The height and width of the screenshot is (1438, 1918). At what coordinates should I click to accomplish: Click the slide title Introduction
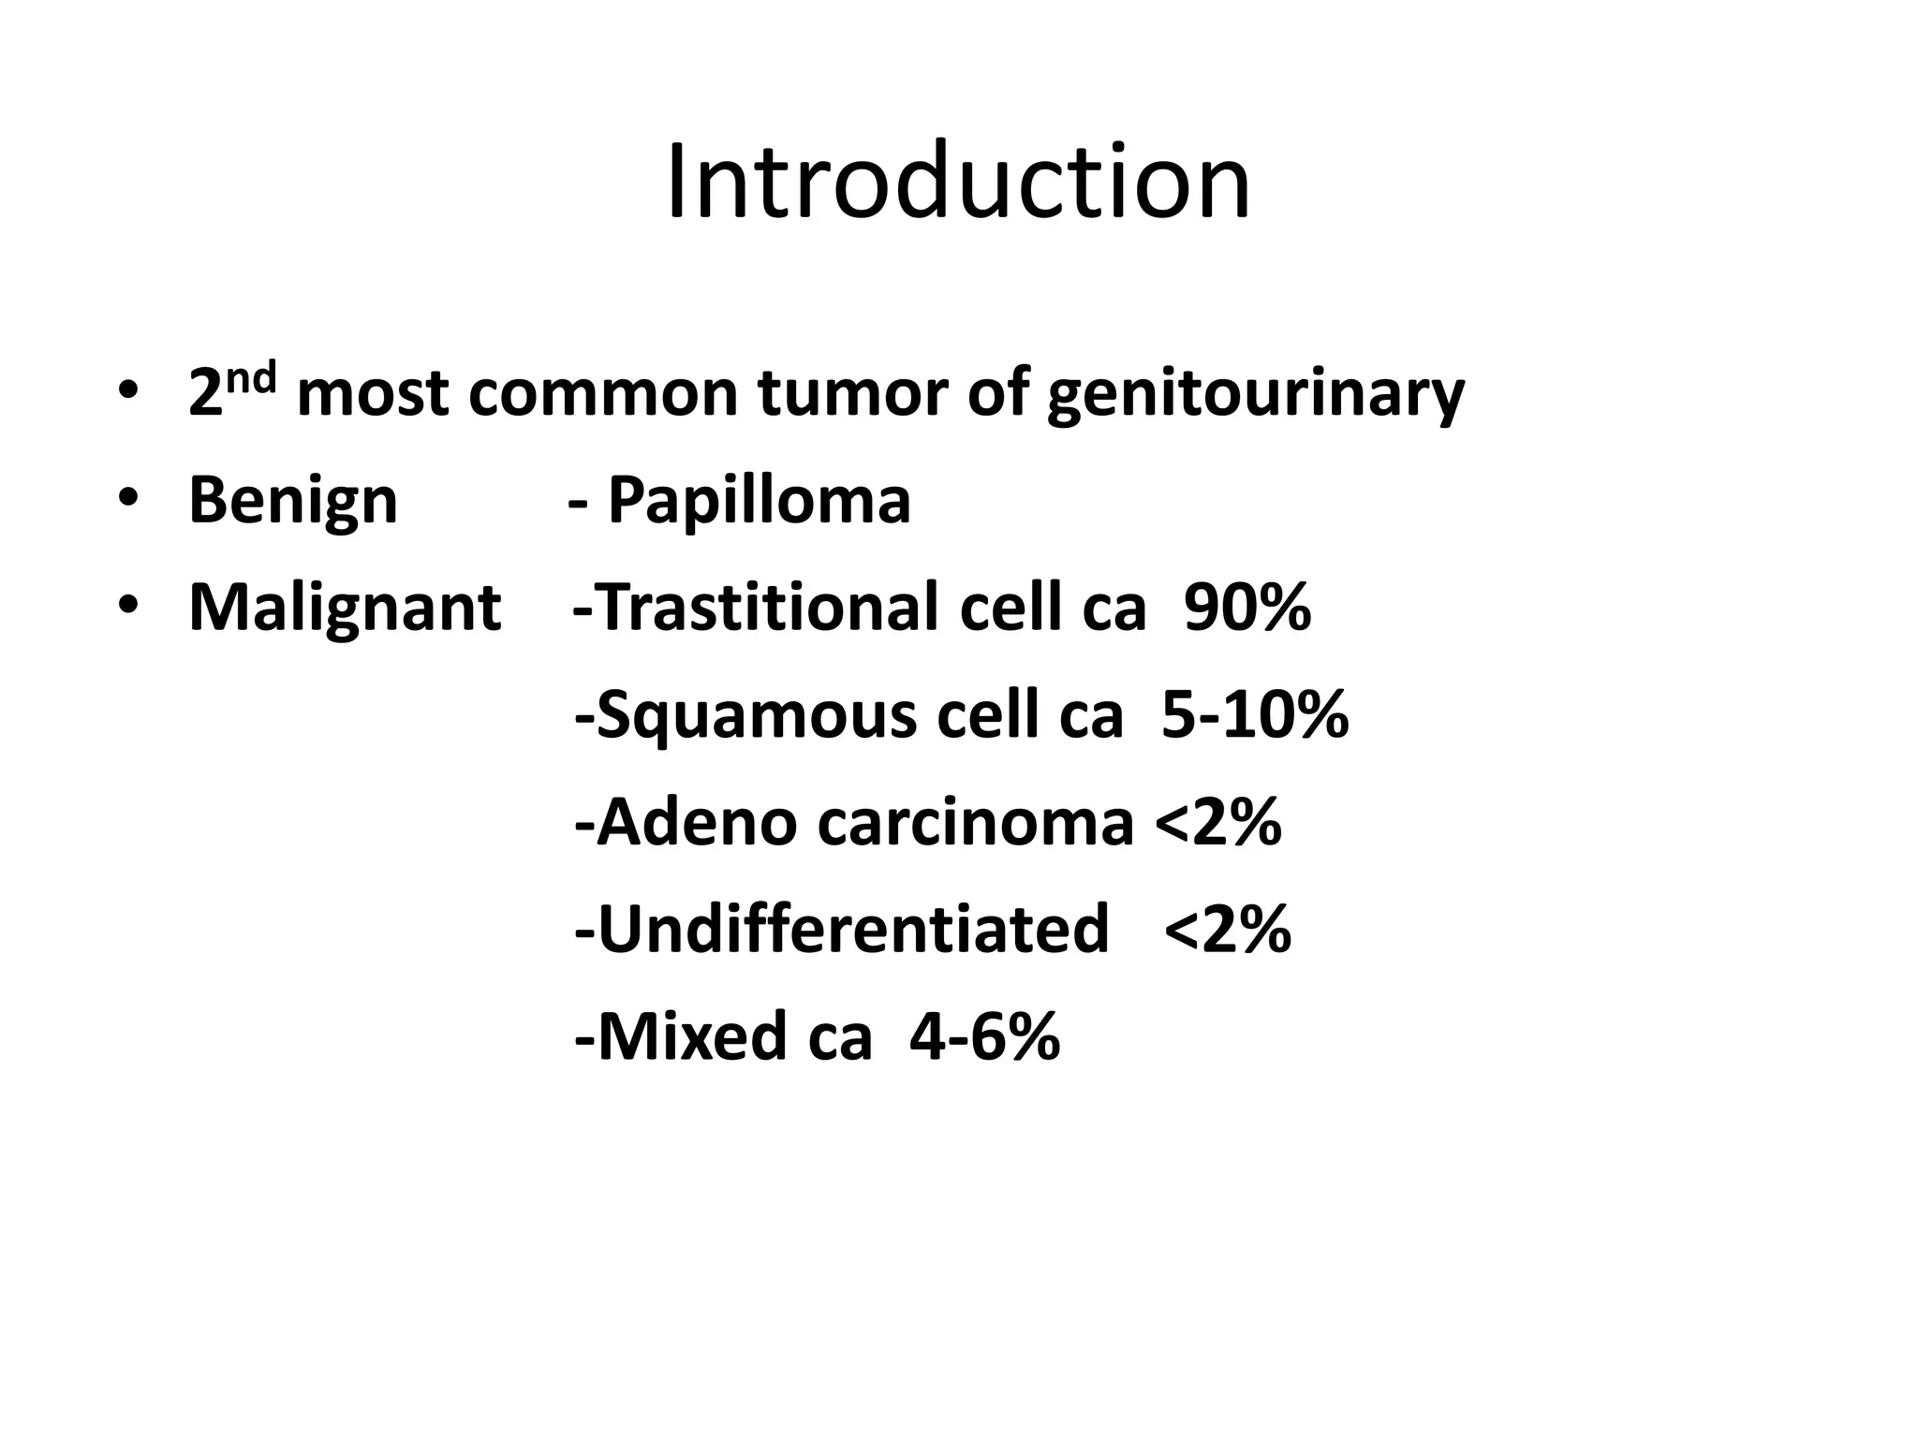coord(958,182)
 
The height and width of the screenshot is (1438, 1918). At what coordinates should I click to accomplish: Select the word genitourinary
coord(1255,394)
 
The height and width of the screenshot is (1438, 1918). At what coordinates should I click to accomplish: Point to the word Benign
coord(293,501)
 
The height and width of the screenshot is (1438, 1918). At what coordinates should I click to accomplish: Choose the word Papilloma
coord(759,501)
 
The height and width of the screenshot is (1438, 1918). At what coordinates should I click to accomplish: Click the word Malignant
coord(345,608)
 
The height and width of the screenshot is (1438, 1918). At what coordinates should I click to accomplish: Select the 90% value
coord(1247,608)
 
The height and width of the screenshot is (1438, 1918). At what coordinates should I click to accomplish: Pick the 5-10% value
coord(1254,715)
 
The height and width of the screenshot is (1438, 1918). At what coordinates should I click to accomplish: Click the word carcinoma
coord(975,823)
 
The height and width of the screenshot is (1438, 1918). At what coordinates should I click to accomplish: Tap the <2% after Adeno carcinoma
coord(1217,823)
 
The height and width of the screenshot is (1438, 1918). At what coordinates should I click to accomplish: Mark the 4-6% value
coord(984,1036)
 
